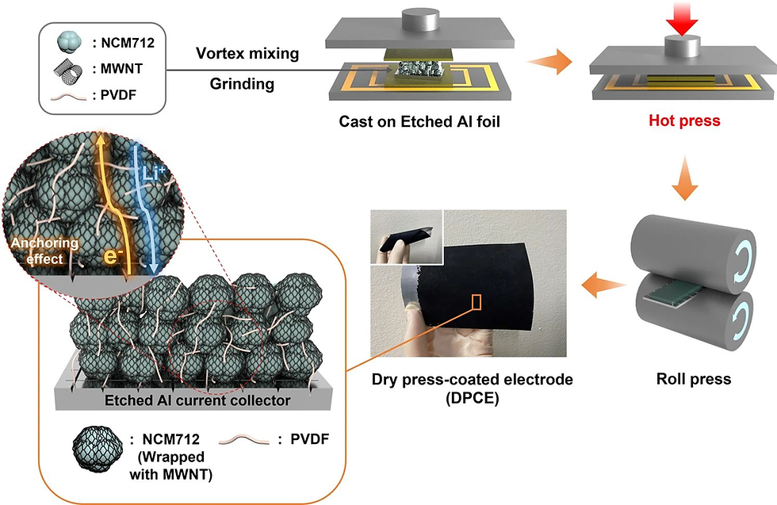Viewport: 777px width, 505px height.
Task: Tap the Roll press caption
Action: [694, 380]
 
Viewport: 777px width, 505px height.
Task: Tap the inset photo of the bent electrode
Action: [406, 237]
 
